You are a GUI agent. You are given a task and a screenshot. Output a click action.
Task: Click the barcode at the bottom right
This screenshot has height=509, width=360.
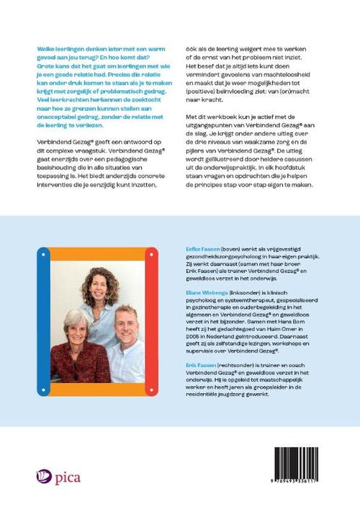(310, 460)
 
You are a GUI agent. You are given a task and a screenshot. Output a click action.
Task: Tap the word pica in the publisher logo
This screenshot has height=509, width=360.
(66, 477)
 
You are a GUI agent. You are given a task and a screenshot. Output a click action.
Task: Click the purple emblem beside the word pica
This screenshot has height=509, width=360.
(42, 476)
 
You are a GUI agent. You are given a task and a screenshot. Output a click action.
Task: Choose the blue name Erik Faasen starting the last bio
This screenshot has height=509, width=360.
(199, 366)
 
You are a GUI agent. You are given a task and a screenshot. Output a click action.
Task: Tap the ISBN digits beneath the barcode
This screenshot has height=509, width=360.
(310, 482)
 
